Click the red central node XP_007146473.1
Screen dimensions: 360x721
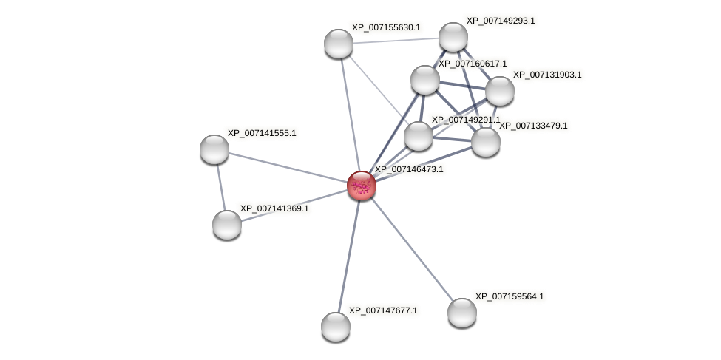(362, 186)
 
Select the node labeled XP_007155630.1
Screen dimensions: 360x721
(339, 44)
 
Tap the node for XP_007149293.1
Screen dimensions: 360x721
(453, 37)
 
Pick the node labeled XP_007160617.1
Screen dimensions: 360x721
(425, 80)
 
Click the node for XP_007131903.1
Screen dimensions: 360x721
(500, 91)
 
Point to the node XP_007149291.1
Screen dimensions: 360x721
(419, 136)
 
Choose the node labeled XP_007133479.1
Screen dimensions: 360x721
(486, 142)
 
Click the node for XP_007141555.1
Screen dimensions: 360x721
(214, 149)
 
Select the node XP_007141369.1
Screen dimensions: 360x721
(227, 225)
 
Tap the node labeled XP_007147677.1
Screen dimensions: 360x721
(336, 327)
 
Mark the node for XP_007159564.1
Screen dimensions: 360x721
(462, 313)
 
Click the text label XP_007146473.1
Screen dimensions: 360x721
(409, 169)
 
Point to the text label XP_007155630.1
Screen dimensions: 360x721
(386, 27)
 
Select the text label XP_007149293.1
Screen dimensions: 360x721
(501, 21)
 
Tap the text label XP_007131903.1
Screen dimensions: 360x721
(547, 75)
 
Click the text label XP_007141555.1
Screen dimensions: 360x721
(262, 133)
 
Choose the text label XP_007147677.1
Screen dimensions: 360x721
(383, 310)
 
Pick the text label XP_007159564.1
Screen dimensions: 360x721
(510, 296)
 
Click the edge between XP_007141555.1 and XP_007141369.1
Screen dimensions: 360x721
(220, 187)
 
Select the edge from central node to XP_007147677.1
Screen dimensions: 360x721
(349, 255)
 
